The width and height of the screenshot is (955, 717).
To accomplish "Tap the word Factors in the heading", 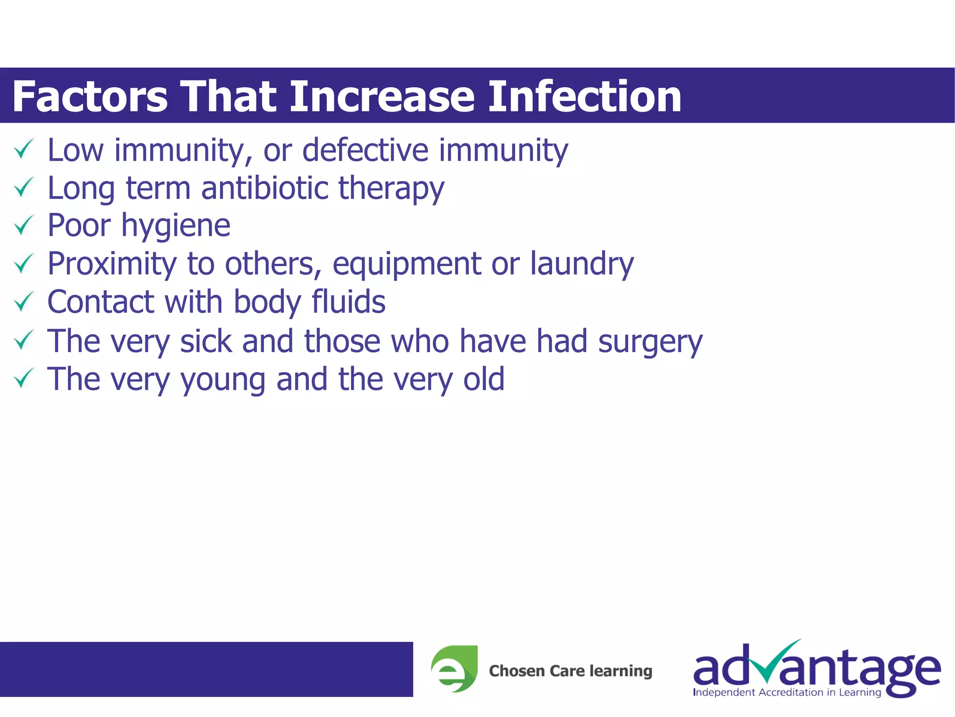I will pos(90,97).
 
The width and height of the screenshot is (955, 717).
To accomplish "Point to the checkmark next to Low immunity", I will pos(23,149).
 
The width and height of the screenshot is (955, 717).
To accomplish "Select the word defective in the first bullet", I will pos(365,150).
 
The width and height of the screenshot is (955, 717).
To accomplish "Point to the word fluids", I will pos(348,302).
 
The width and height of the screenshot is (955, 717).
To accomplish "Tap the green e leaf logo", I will pos(454,668).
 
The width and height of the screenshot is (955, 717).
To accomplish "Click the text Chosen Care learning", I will pos(570,671).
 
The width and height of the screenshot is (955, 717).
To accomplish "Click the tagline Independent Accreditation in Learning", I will pos(787,692).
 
